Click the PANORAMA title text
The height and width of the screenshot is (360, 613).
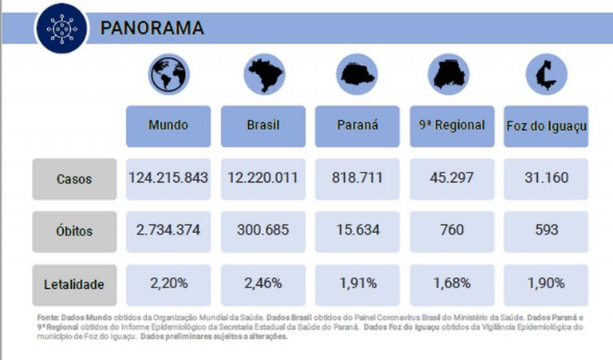point(152,27)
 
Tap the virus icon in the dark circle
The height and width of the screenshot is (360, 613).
point(61,28)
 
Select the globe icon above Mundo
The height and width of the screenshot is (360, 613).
point(168,74)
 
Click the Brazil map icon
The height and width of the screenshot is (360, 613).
point(263,75)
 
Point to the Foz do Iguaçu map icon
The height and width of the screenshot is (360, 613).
point(545,75)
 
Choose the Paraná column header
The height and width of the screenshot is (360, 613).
point(358,125)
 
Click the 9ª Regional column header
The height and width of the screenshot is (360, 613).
point(452,125)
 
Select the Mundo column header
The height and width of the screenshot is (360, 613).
point(168,125)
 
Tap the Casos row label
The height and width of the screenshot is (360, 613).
point(74,179)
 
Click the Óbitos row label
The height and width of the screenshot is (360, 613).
point(74,231)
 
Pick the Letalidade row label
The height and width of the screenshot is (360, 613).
point(74,284)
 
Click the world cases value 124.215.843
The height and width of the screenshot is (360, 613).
point(168,177)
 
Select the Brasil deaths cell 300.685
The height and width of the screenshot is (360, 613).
point(263,231)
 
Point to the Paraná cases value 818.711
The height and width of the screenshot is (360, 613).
point(358,177)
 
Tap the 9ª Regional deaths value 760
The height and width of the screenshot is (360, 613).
point(452,231)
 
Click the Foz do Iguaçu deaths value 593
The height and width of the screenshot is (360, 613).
point(547,231)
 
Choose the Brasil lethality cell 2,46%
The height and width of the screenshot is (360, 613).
point(263,283)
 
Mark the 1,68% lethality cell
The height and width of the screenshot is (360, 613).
point(452,283)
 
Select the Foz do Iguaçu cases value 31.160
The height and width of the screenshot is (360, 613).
point(547,177)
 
